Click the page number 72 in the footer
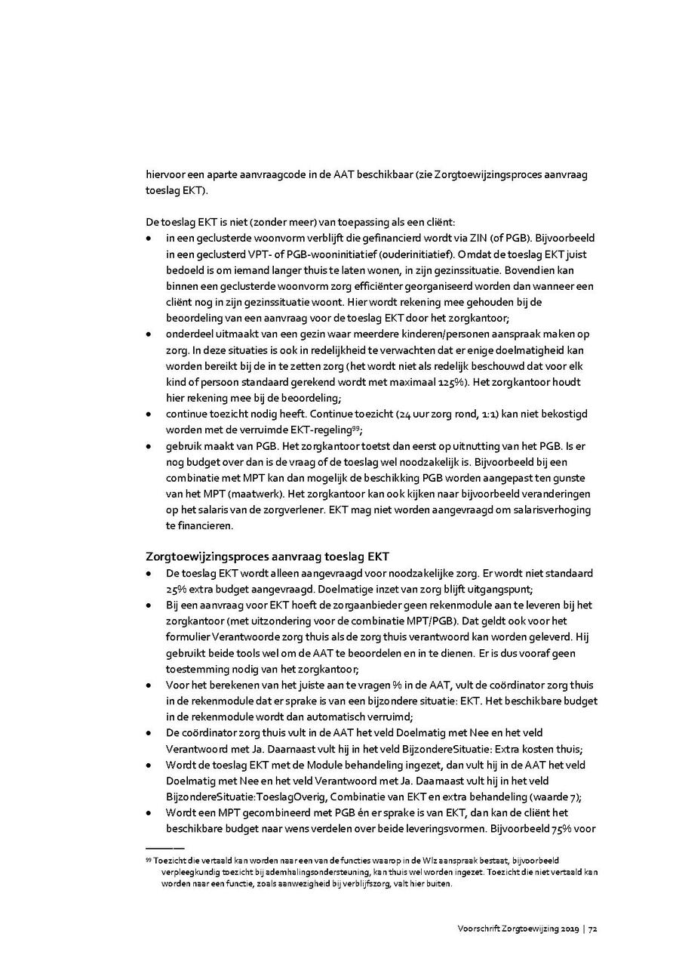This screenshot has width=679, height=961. tap(593, 929)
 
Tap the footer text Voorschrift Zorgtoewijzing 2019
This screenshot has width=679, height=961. tap(518, 929)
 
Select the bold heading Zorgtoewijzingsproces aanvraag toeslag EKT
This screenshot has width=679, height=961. tap(267, 557)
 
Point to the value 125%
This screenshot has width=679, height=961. tap(454, 382)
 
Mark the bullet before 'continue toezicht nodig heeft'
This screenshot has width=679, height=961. tap(149, 414)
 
